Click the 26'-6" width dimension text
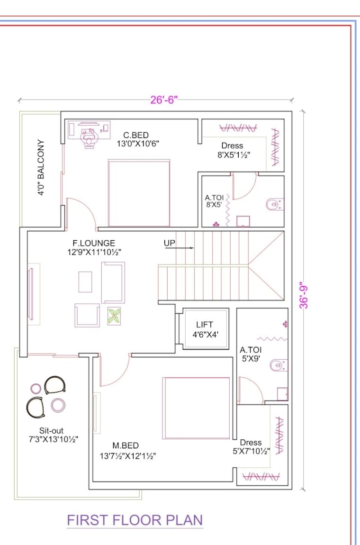pos(163,100)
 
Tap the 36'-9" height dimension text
pos(304,296)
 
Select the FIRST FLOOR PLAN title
pos(135,520)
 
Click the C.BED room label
pos(136,136)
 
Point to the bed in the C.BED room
pos(139,193)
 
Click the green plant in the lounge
pos(114,316)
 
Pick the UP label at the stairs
pos(170,243)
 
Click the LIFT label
pos(205,325)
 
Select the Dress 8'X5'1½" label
pos(233,150)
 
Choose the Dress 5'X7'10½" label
pos(251,446)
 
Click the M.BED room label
pos(126,445)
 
